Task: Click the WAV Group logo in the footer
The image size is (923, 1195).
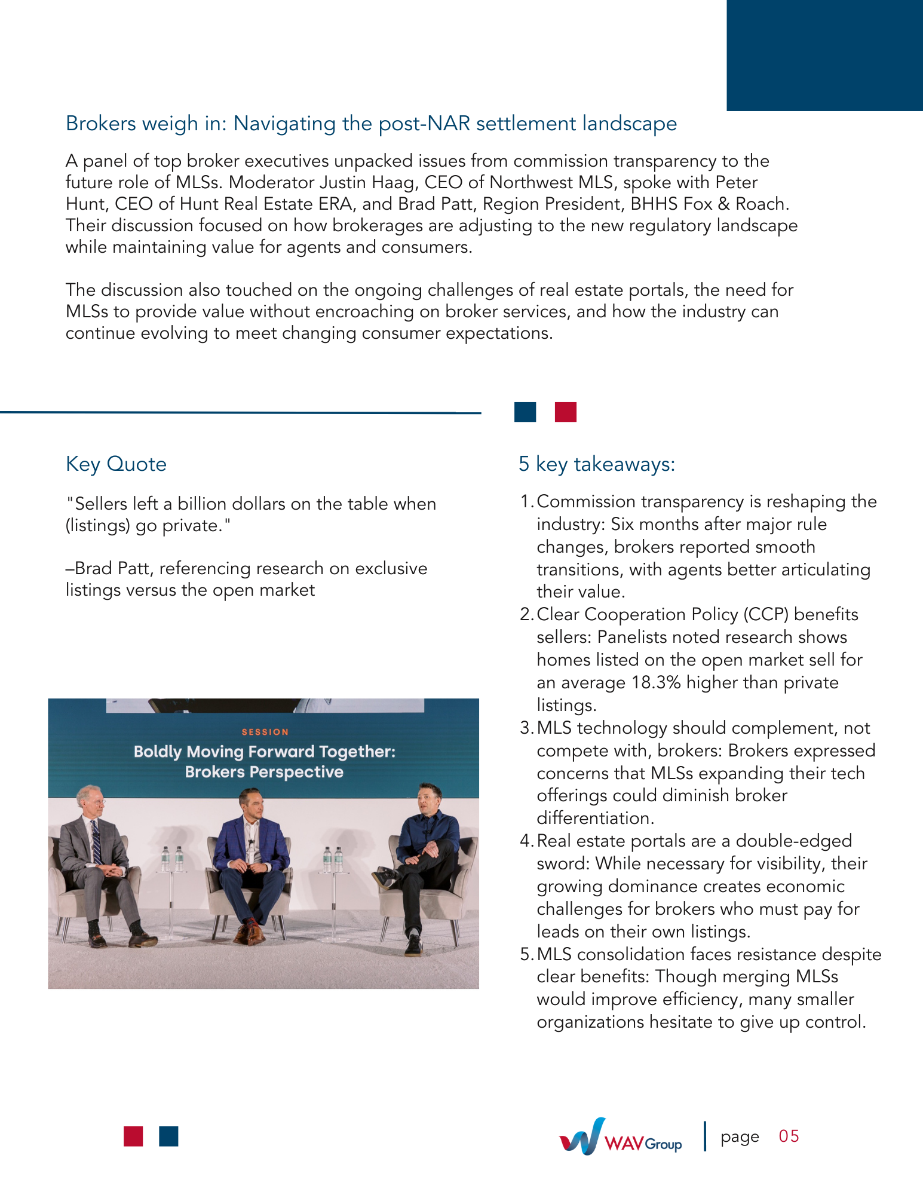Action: (x=620, y=1137)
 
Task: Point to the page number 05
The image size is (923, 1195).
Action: (x=789, y=1136)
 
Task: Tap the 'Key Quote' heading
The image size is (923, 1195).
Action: (x=116, y=464)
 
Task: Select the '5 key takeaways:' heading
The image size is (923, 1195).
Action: (x=597, y=464)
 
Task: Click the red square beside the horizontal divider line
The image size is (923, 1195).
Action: (x=565, y=412)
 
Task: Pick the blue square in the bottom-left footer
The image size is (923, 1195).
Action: (x=169, y=1136)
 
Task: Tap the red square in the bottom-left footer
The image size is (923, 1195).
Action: (x=133, y=1136)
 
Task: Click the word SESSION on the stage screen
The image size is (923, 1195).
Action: (x=265, y=732)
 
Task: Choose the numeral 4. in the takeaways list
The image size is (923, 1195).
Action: (x=526, y=841)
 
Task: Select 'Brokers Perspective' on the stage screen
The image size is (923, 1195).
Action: (x=264, y=772)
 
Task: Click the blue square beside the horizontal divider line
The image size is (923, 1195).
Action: (x=525, y=412)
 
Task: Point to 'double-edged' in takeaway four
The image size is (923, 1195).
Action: (x=794, y=841)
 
